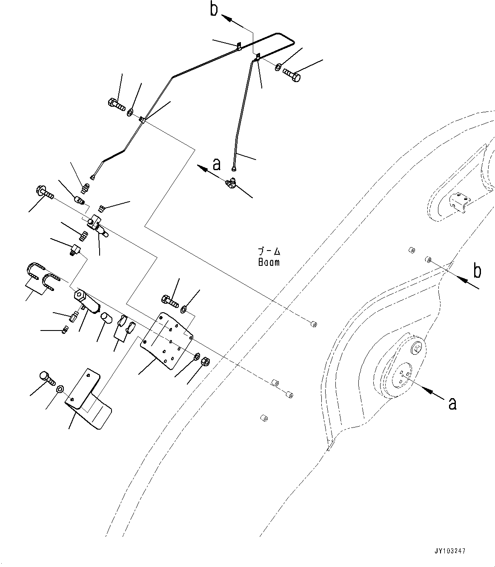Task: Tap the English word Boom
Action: [269, 262]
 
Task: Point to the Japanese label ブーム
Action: [269, 251]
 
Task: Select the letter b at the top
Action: [214, 9]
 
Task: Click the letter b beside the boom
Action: [478, 271]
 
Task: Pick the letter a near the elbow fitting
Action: [217, 164]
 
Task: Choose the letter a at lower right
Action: [452, 403]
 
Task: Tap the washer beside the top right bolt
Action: [278, 67]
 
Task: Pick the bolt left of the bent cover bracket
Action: [46, 377]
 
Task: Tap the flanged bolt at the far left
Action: [44, 193]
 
